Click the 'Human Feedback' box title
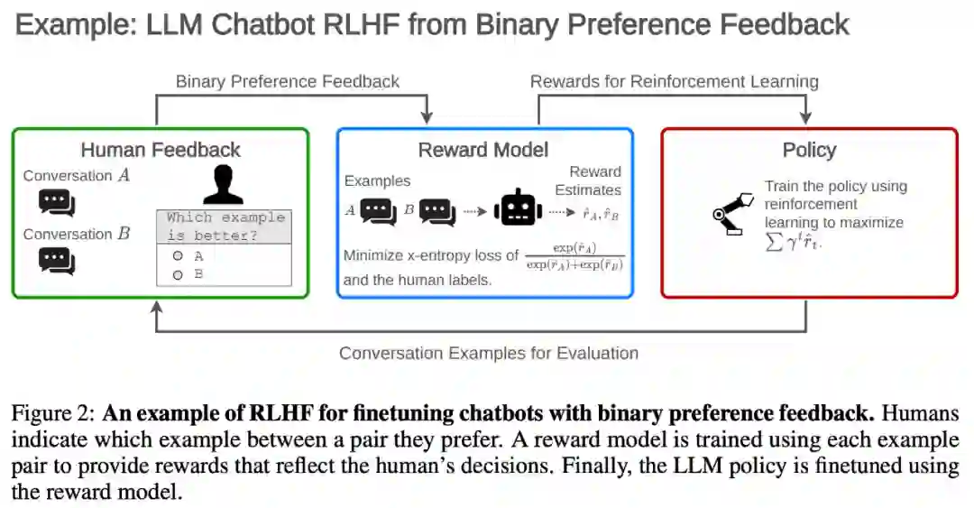[161, 150]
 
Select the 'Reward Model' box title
[483, 150]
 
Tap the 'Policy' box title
[809, 150]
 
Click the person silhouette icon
[223, 184]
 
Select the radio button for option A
[179, 256]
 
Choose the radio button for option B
[179, 274]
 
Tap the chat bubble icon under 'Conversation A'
[57, 202]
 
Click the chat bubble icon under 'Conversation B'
[57, 261]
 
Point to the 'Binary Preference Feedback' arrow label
[288, 81]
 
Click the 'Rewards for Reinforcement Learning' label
[674, 81]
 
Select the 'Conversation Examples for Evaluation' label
[488, 353]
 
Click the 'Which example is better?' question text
[225, 226]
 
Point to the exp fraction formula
[574, 256]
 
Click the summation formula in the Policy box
[793, 242]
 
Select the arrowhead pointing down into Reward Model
[427, 118]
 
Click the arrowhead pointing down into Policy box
[804, 118]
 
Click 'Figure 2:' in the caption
[52, 414]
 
